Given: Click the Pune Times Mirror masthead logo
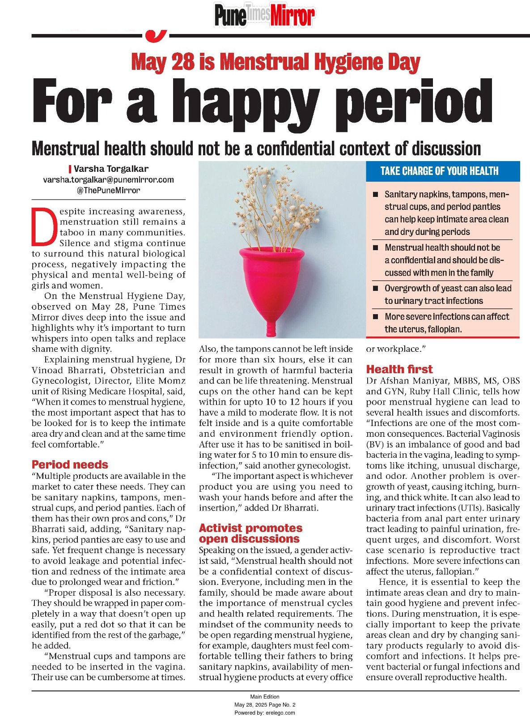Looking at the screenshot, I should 264,15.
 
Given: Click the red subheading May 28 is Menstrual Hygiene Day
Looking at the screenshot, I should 276,62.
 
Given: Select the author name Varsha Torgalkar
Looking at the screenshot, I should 111,169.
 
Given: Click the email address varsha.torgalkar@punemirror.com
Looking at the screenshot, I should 108,179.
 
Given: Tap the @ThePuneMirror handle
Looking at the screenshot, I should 108,190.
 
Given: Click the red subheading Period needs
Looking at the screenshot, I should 70,465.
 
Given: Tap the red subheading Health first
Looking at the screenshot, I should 399,369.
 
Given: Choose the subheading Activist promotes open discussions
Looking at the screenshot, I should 250,533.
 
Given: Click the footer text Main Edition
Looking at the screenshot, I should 265,696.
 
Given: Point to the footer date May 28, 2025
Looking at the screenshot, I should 250,704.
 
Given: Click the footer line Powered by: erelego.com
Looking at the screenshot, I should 265,712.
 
